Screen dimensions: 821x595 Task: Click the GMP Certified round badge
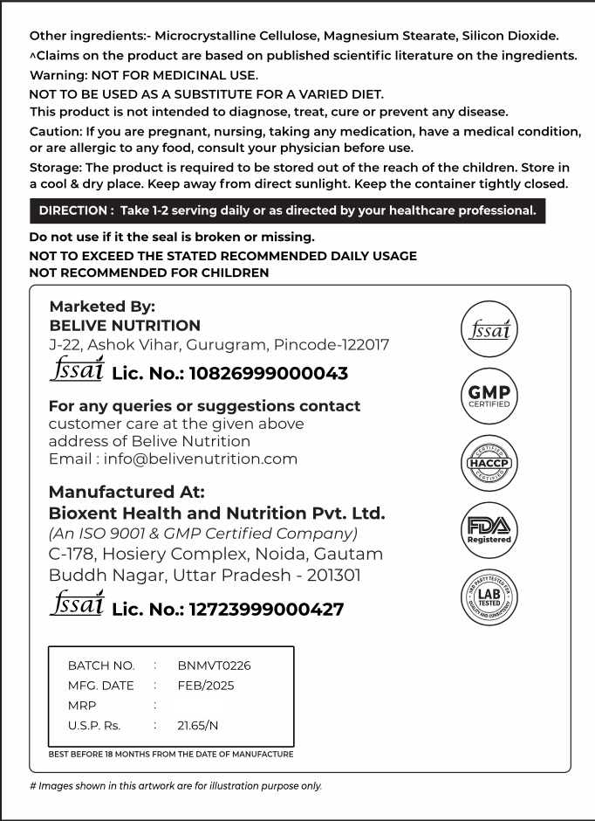pyautogui.click(x=489, y=397)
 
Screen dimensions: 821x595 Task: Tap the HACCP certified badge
pyautogui.click(x=489, y=463)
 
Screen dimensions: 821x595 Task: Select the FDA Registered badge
pyautogui.click(x=489, y=529)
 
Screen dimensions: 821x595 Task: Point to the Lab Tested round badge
pyautogui.click(x=489, y=597)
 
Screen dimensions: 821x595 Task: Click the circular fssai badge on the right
pyautogui.click(x=489, y=331)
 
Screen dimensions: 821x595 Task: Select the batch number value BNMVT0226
pyautogui.click(x=214, y=666)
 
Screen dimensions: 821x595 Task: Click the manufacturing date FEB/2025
pyautogui.click(x=206, y=686)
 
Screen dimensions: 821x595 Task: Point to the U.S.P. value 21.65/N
pyautogui.click(x=198, y=726)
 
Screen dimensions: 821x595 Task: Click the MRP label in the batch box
pyautogui.click(x=82, y=706)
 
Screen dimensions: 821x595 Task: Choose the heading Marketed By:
pyautogui.click(x=102, y=307)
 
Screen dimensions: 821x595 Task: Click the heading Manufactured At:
pyautogui.click(x=127, y=492)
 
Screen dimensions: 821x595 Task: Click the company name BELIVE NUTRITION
pyautogui.click(x=125, y=326)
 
